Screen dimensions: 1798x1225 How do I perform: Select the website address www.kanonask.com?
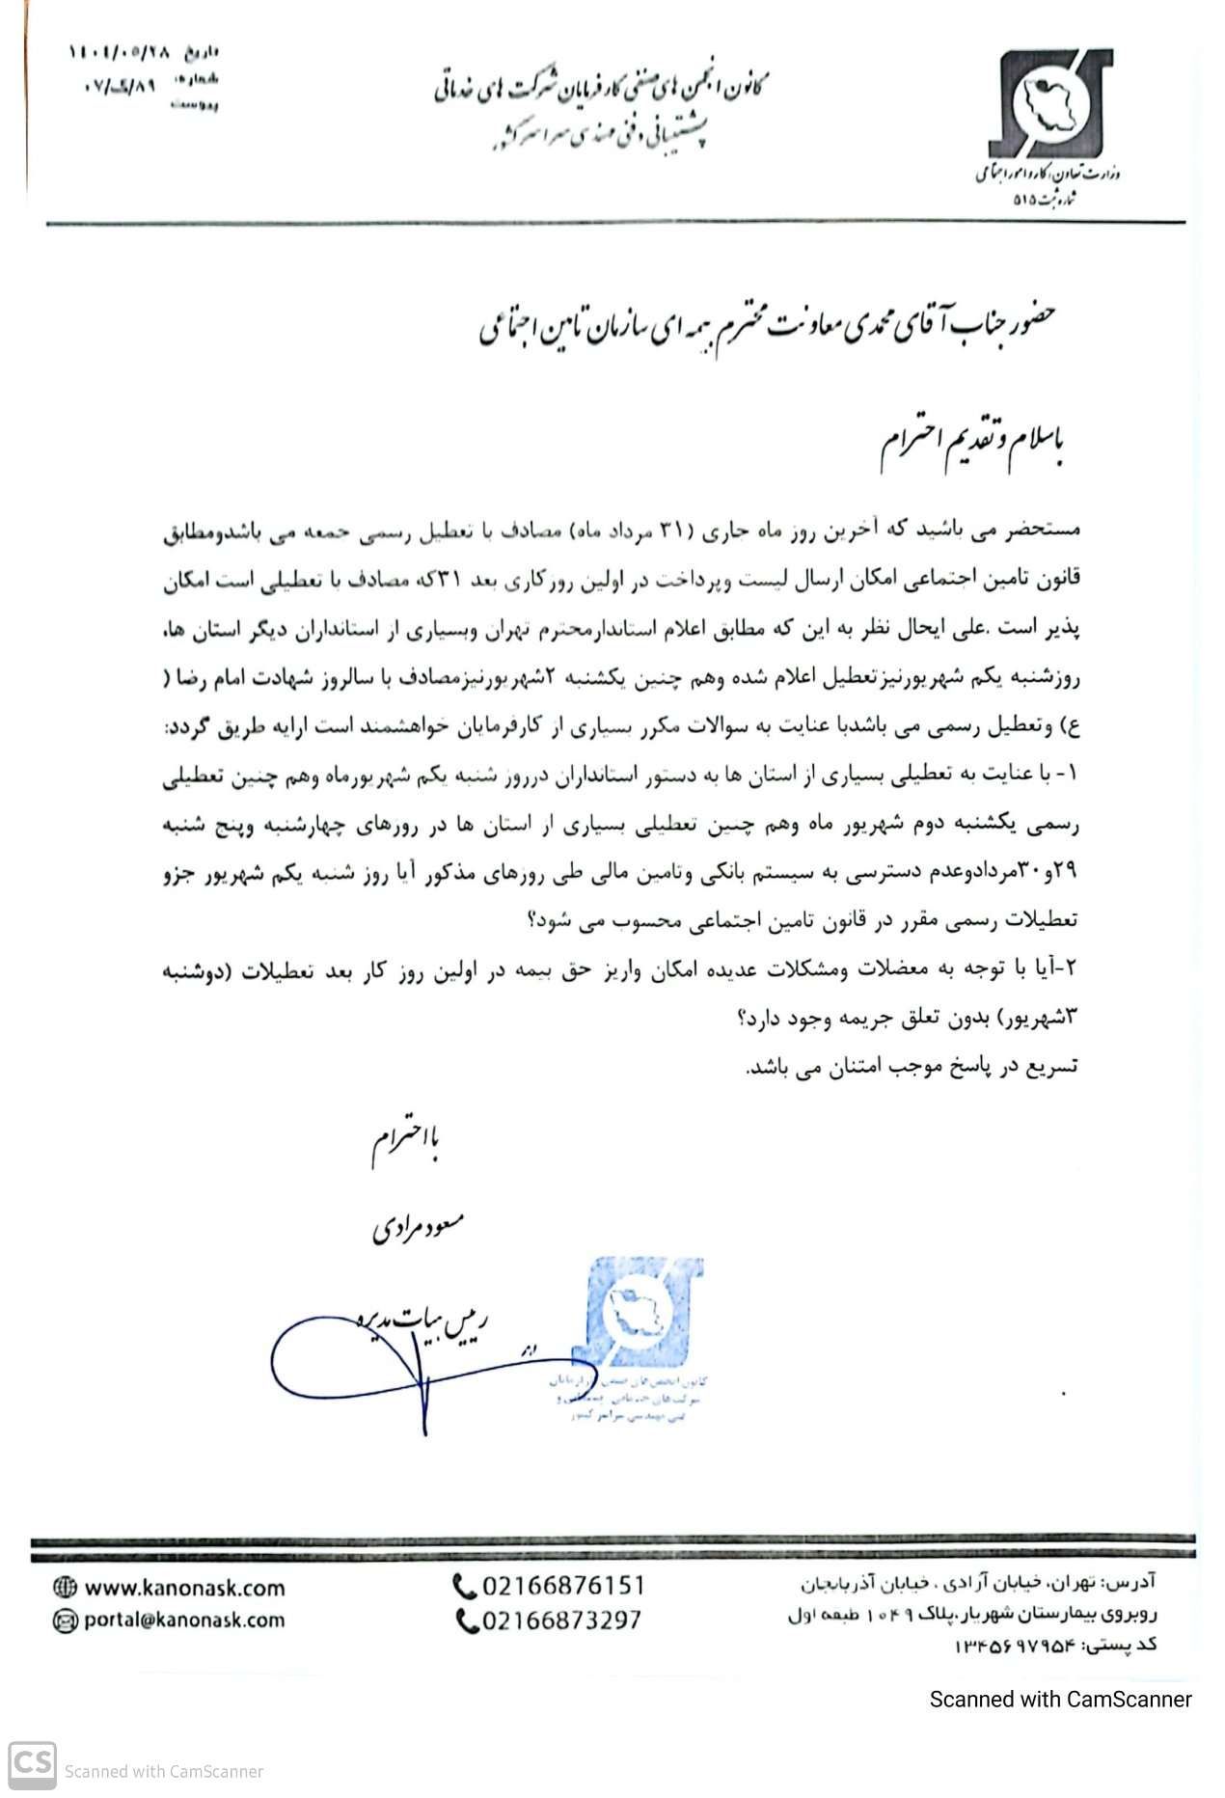(184, 1587)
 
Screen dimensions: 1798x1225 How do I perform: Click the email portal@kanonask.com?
(184, 1621)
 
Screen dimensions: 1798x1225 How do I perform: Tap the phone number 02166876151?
(561, 1586)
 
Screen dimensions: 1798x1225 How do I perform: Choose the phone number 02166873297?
(561, 1621)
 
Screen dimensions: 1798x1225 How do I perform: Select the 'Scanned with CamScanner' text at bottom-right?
(1060, 1699)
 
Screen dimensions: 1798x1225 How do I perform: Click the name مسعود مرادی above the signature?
(418, 1228)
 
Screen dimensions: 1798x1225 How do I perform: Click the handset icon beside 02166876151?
(464, 1586)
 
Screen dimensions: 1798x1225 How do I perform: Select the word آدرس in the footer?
(1135, 1582)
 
